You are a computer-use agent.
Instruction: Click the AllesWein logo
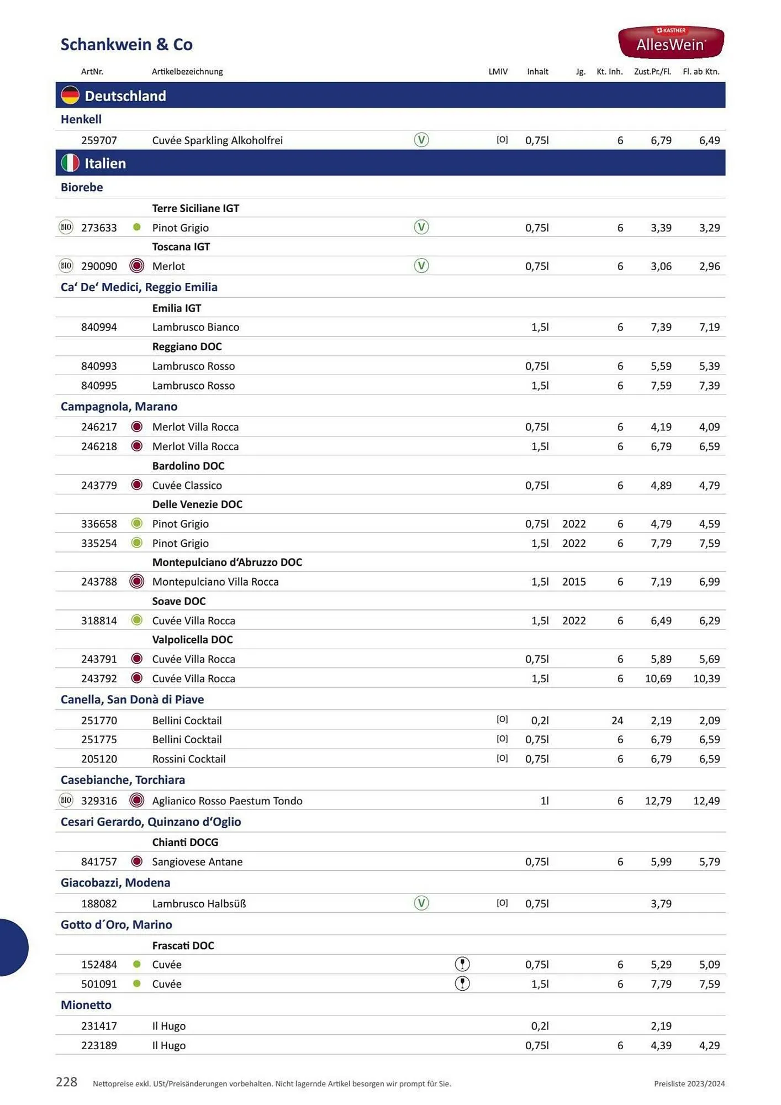pos(671,42)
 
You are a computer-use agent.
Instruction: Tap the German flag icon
pos(70,96)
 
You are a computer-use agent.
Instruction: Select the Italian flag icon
pos(70,163)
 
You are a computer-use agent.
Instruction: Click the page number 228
pos(66,1082)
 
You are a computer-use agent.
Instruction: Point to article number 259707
pos(99,140)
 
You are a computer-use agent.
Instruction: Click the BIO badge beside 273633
pos(66,227)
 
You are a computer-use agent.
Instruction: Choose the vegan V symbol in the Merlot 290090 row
pos(421,266)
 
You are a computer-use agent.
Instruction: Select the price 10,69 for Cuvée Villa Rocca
pos(658,678)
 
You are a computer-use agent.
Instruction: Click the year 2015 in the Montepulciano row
pos(574,582)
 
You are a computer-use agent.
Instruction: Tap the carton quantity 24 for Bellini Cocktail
pos(617,720)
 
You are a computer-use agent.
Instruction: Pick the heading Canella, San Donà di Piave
pos(132,699)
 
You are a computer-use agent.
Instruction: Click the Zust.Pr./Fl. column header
pos(652,71)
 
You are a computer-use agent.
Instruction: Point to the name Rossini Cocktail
pos(189,759)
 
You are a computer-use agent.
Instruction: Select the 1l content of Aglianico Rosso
pos(544,801)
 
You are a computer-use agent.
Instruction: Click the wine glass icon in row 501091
pos(462,984)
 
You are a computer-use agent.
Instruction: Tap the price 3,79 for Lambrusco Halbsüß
pos(661,904)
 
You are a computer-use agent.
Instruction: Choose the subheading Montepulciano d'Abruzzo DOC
pos(227,562)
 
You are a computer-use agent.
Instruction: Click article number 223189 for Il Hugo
pos(99,1045)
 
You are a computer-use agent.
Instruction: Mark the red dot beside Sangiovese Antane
pos(137,861)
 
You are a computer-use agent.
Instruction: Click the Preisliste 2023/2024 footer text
pos(689,1083)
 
